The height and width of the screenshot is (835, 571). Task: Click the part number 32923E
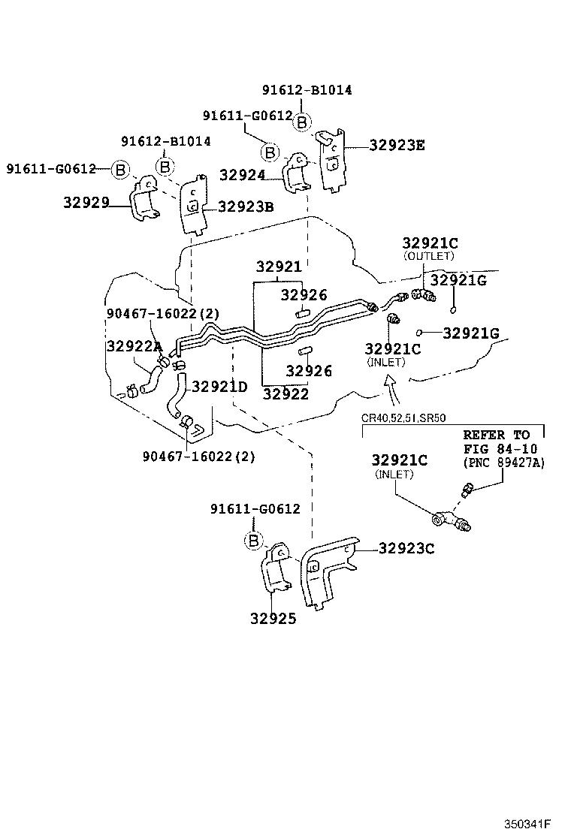pyautogui.click(x=397, y=146)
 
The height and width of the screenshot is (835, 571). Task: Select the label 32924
pyautogui.click(x=243, y=175)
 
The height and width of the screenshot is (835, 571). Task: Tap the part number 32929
pyautogui.click(x=86, y=202)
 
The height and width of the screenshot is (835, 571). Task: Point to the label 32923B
pyautogui.click(x=246, y=206)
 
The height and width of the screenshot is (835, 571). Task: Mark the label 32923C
pyautogui.click(x=406, y=548)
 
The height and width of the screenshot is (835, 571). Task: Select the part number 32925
pyautogui.click(x=273, y=619)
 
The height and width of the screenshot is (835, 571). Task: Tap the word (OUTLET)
pyautogui.click(x=429, y=256)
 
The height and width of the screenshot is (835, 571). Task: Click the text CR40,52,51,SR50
pyautogui.click(x=403, y=418)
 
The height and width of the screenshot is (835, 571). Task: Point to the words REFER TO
pyautogui.click(x=496, y=435)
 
